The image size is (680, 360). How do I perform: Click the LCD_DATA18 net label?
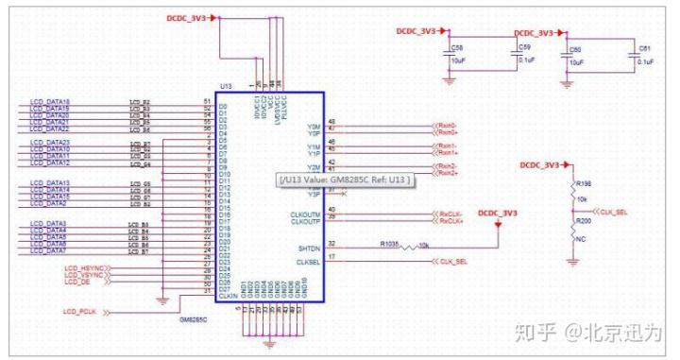tap(52, 101)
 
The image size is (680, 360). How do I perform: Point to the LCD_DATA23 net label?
tap(52, 143)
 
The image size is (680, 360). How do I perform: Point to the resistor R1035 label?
tap(392, 242)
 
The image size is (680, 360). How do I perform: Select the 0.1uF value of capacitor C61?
tap(646, 60)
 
